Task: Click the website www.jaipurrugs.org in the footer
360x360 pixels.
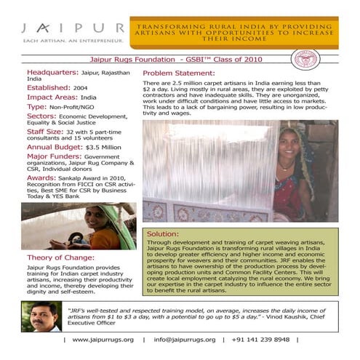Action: coord(103,339)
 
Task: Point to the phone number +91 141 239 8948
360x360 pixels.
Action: coord(261,339)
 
